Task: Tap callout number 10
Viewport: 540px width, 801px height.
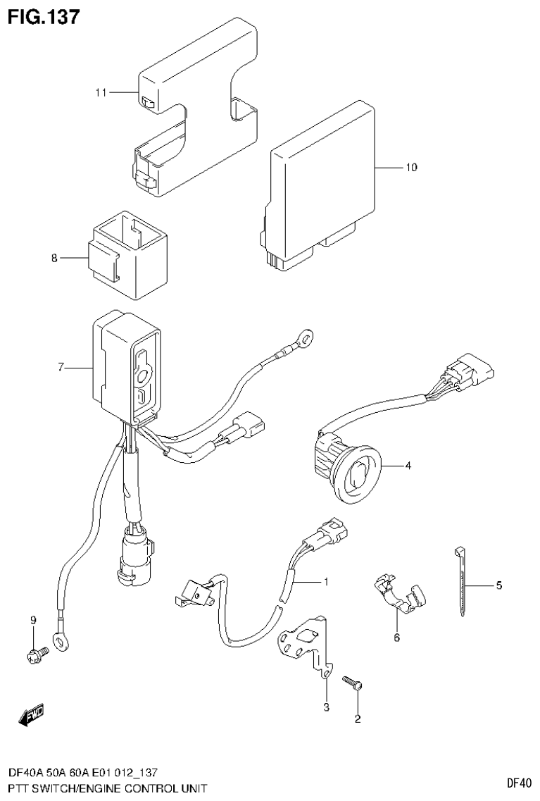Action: point(411,168)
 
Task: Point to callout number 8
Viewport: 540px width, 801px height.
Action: point(54,259)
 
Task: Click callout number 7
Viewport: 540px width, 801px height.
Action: point(61,367)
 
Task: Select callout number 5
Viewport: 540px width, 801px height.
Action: point(498,585)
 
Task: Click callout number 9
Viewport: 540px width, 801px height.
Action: point(32,620)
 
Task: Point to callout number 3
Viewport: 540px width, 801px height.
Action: point(326,707)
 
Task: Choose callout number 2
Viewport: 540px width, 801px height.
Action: point(357,719)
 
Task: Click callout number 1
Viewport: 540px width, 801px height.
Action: point(326,582)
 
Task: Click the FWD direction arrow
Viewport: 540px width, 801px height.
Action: point(32,716)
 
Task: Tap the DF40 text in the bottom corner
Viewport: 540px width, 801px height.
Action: point(518,783)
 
